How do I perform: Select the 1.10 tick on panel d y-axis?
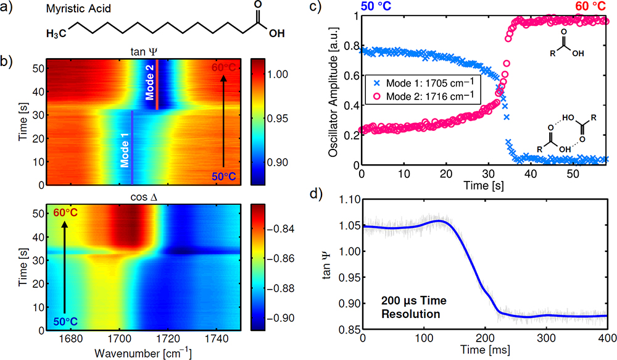[347, 201]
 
